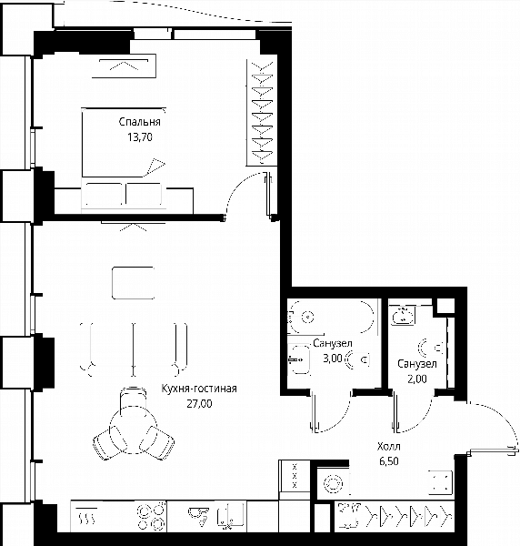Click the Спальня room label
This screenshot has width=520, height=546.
coord(139,122)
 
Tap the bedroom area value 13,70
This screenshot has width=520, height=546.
coord(140,137)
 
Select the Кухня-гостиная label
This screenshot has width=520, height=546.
coord(199,389)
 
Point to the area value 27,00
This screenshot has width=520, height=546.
coord(199,403)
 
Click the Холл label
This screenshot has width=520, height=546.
coord(389,446)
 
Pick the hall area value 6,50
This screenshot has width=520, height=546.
coord(389,461)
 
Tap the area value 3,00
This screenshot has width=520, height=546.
coord(333,359)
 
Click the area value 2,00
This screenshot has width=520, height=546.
coord(417,379)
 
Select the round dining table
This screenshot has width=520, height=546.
coord(134,430)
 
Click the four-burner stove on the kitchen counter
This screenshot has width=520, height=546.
coord(151,516)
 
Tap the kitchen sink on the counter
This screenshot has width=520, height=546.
coord(230,514)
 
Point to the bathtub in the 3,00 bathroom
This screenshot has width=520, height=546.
coord(332,317)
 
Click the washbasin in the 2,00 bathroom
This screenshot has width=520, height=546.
coord(403,316)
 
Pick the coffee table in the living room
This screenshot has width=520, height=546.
coord(134,283)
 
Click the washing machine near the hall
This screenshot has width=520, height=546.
coord(334,483)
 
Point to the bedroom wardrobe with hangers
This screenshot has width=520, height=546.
coord(262,113)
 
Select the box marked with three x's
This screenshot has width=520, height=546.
coord(295,476)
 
